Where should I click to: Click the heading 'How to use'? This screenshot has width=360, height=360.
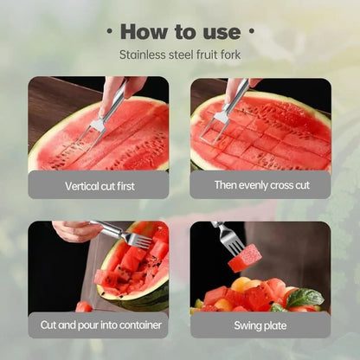pyautogui.click(x=179, y=32)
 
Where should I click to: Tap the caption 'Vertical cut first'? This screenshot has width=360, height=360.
pyautogui.click(x=99, y=185)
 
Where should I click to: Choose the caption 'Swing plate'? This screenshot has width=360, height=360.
pyautogui.click(x=260, y=325)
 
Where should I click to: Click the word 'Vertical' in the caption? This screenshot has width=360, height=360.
pyautogui.click(x=81, y=185)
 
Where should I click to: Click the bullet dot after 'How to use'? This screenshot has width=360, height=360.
pyautogui.click(x=252, y=31)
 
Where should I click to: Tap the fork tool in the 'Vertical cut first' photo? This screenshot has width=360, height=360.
pyautogui.click(x=102, y=121)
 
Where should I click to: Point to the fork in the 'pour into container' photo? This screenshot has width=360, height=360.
pyautogui.click(x=125, y=235)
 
